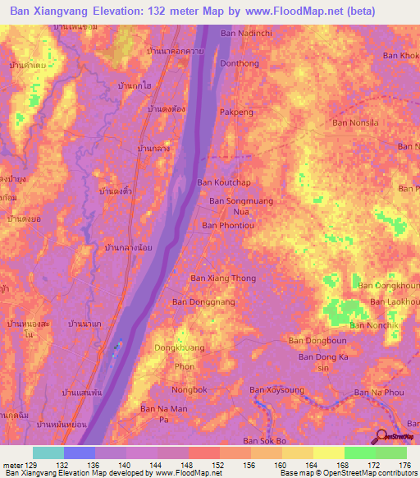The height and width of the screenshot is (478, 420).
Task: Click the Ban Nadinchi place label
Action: point(245,34)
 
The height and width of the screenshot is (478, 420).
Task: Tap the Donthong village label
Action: point(240,63)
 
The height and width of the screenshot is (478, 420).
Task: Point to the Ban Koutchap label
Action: point(223,182)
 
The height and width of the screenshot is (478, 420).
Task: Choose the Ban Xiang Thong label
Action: point(223,278)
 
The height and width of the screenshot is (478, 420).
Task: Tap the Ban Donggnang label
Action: point(203,302)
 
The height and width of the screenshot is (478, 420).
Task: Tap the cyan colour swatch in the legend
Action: point(48,453)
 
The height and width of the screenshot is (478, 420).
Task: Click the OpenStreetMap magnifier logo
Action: point(381,436)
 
